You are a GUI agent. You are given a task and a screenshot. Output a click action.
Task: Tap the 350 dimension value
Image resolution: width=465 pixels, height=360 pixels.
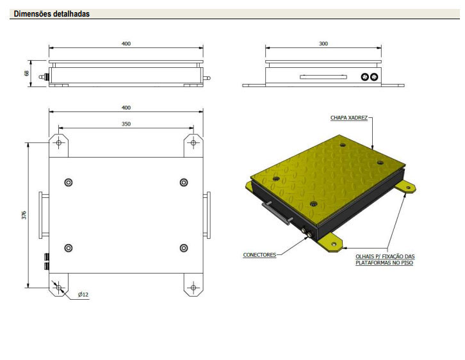pyautogui.click(x=126, y=124)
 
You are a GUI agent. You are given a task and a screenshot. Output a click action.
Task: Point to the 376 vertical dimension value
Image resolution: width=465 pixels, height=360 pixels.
pyautogui.click(x=24, y=215)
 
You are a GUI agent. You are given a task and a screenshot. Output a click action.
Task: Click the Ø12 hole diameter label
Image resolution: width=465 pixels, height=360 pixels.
pyautogui.click(x=83, y=294)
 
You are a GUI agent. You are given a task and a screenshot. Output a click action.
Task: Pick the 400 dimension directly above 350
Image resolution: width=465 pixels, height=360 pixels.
pyautogui.click(x=126, y=108)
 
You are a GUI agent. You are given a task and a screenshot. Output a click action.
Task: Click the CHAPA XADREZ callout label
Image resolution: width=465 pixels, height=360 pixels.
pyautogui.click(x=348, y=118)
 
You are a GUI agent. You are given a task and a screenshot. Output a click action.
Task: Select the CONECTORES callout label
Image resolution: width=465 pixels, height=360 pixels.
pyautogui.click(x=259, y=255)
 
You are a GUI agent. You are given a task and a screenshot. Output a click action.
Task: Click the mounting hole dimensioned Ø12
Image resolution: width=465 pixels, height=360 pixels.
pyautogui.click(x=59, y=288)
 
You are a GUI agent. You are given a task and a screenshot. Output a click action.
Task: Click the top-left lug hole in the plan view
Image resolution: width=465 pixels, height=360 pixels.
pyautogui.click(x=59, y=142)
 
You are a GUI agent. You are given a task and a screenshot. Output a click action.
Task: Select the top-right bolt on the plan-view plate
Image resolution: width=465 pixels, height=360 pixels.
pyautogui.click(x=184, y=183)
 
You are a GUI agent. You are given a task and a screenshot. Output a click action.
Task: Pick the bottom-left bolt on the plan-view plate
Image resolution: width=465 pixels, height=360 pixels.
pyautogui.click(x=69, y=248)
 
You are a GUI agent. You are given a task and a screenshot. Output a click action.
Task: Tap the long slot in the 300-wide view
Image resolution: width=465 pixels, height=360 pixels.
pyautogui.click(x=323, y=77)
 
